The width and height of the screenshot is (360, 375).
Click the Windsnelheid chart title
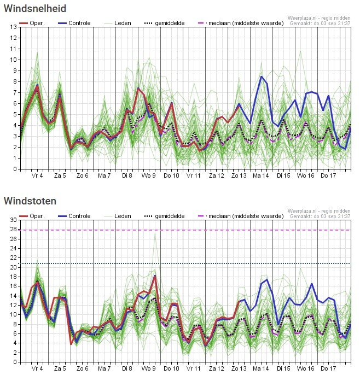pos(35,8)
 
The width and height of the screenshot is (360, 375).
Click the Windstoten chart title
pos(30,201)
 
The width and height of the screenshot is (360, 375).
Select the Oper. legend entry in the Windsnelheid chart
pos(32,23)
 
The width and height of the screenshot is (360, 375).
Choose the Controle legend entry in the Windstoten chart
pos(74,216)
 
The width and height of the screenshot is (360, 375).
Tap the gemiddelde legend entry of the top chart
pos(165,23)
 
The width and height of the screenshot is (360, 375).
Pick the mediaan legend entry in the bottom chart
pos(241,216)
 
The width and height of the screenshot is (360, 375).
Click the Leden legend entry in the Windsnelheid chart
pos(118,23)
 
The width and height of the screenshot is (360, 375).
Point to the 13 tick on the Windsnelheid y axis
pos(14,27)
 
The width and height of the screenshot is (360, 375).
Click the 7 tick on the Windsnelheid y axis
pos(15,92)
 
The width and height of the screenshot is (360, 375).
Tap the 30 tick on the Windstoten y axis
pos(14,220)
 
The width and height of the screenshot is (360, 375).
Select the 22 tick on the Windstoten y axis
pos(14,257)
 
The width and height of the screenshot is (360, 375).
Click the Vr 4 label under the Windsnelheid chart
pos(37,175)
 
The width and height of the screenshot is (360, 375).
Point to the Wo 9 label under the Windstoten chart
pos(149,368)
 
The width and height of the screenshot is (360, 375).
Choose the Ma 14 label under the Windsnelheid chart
pos(261,175)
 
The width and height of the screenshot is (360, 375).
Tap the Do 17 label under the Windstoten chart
pos(328,368)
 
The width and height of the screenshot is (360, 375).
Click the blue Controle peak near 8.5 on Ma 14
pos(262,77)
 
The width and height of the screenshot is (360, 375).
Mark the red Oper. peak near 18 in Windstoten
pos(155,277)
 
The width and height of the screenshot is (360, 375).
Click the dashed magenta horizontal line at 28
pos(185,230)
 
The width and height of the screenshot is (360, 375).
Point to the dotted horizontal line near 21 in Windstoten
pos(185,263)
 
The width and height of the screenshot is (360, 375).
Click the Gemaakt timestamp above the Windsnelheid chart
pos(320,24)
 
